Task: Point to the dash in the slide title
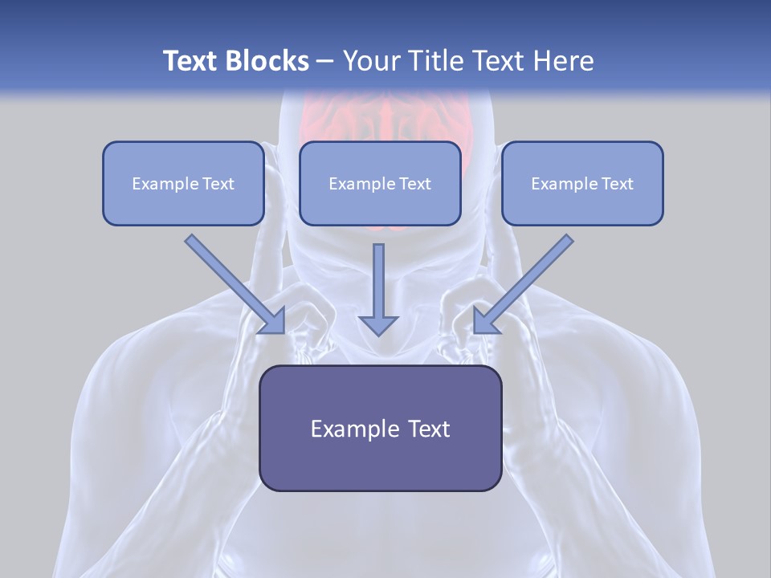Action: pyautogui.click(x=325, y=62)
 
